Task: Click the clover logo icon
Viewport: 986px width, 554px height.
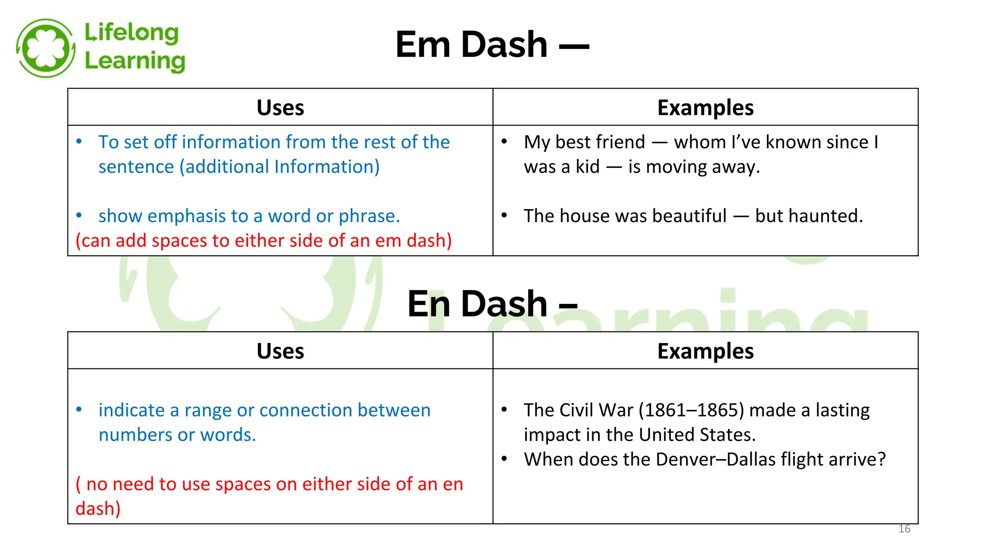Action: [45, 48]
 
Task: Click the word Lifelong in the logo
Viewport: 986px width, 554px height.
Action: [131, 33]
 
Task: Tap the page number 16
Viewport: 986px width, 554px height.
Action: [904, 529]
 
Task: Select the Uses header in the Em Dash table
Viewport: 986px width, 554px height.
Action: [280, 108]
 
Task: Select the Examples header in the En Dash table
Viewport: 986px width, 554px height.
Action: [705, 351]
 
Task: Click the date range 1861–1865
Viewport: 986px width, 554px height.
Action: [691, 410]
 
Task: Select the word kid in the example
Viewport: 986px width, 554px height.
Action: [587, 167]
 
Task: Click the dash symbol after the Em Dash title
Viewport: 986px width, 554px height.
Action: [574, 46]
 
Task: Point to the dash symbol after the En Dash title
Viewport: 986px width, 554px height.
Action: [568, 306]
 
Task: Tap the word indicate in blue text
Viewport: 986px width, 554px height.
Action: [131, 410]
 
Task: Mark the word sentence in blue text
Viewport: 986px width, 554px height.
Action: [136, 167]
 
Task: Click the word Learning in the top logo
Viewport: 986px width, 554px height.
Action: [135, 61]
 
